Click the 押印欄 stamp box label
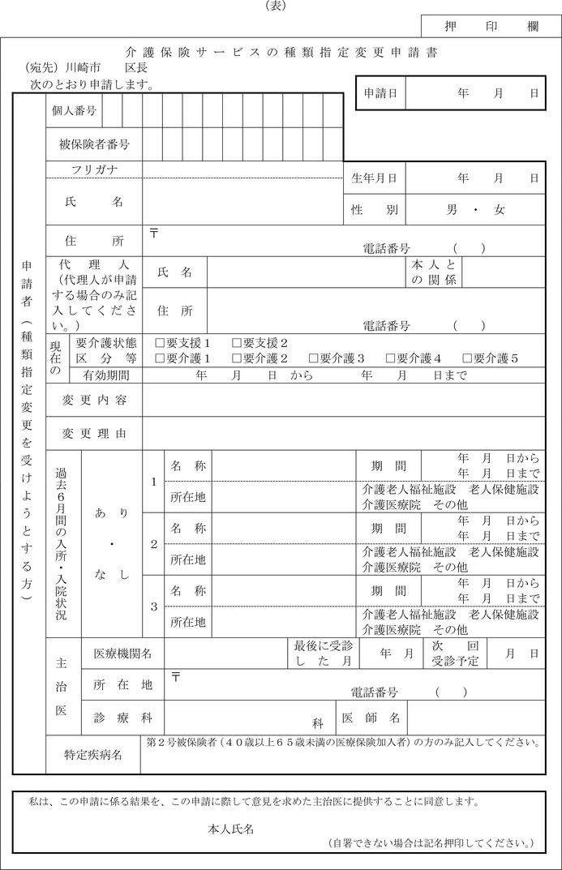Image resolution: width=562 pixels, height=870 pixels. click(491, 26)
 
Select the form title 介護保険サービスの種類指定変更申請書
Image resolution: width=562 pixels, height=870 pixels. click(284, 53)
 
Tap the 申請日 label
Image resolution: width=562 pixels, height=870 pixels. click(380, 94)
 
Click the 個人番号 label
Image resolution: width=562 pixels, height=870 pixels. click(74, 111)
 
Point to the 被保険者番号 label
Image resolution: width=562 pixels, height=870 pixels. click(94, 145)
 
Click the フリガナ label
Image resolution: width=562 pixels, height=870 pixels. click(94, 169)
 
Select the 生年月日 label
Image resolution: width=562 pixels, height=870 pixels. click(374, 178)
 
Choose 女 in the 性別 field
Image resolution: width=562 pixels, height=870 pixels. click(500, 210)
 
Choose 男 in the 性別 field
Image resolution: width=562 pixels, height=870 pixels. click(452, 210)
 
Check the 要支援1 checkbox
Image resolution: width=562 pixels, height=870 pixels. click(160, 343)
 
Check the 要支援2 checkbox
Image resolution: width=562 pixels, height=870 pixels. click(237, 343)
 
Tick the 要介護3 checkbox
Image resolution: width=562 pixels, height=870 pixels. click(314, 358)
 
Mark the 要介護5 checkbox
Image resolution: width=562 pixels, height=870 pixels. click(468, 358)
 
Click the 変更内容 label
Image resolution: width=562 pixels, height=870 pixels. click(94, 400)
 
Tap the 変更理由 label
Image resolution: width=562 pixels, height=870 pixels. click(94, 434)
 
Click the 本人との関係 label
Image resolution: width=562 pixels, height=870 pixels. click(435, 272)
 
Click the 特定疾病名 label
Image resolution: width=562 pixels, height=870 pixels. click(93, 755)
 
